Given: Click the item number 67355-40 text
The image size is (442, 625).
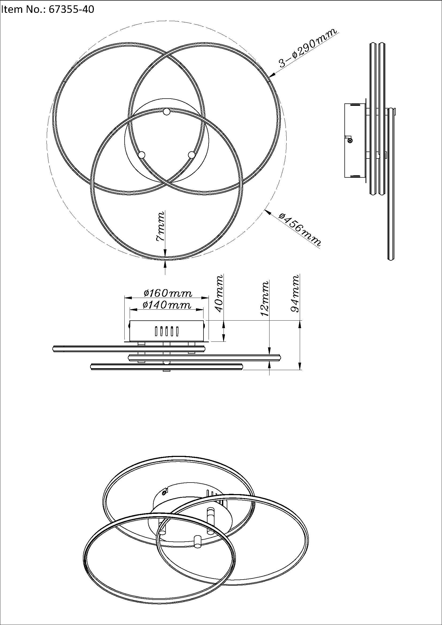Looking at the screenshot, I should tap(48, 10).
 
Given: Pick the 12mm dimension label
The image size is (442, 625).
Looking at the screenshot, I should tap(265, 299).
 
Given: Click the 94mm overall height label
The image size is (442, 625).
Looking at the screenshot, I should tap(295, 293).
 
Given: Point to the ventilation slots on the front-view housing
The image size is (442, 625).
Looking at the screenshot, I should tap(166, 332).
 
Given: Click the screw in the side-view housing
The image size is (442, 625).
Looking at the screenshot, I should tap(351, 140).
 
